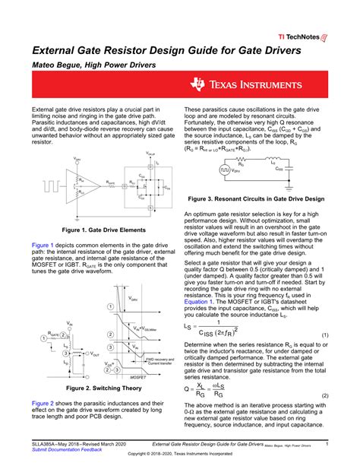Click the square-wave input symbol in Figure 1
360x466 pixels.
52,183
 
